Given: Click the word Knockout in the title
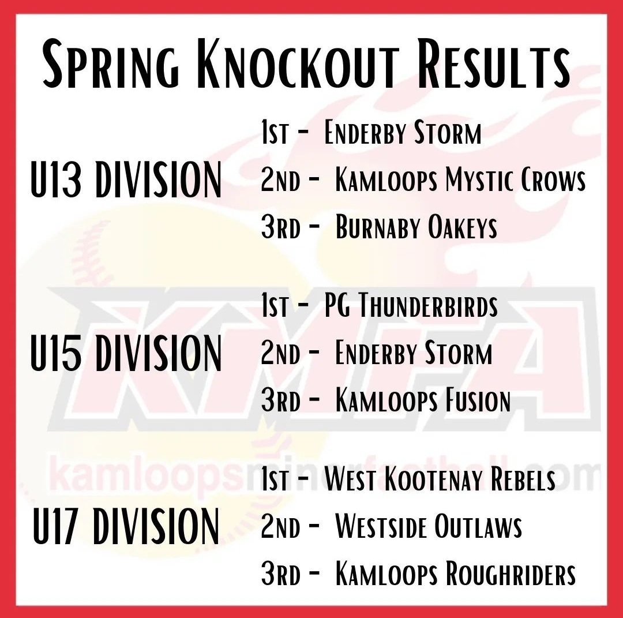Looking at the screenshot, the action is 298,63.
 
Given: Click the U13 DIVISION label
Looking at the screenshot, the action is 126,179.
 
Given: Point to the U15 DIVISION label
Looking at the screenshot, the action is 126,353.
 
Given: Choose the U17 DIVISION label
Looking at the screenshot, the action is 126,526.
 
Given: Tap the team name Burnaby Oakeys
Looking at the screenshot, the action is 416,227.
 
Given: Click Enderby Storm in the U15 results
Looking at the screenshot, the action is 414,353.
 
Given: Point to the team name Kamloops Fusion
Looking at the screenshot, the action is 423,400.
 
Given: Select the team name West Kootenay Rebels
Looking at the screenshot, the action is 440,479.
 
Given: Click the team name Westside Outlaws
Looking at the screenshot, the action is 428,526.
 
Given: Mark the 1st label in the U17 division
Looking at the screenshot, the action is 274,479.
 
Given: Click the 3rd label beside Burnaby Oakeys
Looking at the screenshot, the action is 280,227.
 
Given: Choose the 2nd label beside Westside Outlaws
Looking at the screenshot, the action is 280,526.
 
